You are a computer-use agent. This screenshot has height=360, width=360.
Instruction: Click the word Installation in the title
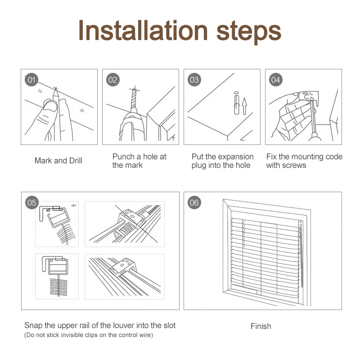click(x=143, y=31)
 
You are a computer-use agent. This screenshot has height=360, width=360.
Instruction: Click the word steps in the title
click(x=249, y=32)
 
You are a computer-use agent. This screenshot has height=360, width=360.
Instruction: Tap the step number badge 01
click(x=31, y=80)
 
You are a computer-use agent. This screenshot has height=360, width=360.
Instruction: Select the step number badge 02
click(x=113, y=80)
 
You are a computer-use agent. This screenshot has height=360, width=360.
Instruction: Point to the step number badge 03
click(x=194, y=80)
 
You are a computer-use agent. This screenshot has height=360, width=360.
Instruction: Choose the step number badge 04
click(x=276, y=80)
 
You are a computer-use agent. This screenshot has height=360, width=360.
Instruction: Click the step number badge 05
click(x=31, y=203)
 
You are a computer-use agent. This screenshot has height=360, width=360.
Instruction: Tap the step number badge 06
click(x=194, y=203)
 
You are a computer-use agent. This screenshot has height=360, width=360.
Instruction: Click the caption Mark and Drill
click(x=58, y=161)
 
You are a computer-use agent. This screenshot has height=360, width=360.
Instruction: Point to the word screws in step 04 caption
click(x=295, y=165)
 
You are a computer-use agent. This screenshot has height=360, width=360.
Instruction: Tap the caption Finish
click(x=261, y=326)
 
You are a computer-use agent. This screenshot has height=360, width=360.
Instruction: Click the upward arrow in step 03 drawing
click(x=244, y=106)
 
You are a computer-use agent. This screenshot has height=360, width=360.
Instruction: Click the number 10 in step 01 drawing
click(x=40, y=91)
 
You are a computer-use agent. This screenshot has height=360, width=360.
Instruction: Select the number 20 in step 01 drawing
click(x=82, y=110)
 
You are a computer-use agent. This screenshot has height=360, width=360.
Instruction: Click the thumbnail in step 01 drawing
click(x=50, y=106)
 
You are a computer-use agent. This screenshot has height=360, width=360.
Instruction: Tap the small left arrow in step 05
click(x=74, y=206)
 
